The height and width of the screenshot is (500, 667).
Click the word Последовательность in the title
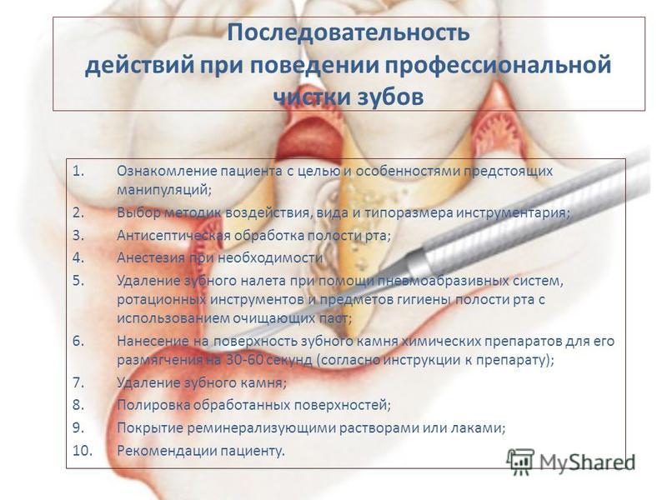tap(349, 33)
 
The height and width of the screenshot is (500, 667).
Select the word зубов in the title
tap(389, 97)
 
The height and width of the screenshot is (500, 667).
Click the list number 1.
tap(78, 171)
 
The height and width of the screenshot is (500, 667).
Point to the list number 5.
tap(78, 281)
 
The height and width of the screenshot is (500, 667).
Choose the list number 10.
tap(82, 450)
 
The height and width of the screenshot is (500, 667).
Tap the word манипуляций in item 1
tap(163, 190)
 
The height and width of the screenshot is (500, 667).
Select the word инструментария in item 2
tap(513, 212)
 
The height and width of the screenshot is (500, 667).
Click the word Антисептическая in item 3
tap(173, 235)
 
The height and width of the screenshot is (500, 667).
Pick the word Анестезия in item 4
tap(151, 257)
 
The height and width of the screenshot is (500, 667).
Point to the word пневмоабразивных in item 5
tap(442, 281)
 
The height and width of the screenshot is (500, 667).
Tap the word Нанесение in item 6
tap(153, 341)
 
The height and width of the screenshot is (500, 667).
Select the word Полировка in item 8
tap(153, 405)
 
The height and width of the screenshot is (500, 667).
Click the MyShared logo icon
tap(519, 461)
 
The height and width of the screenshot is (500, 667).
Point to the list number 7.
tap(78, 382)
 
